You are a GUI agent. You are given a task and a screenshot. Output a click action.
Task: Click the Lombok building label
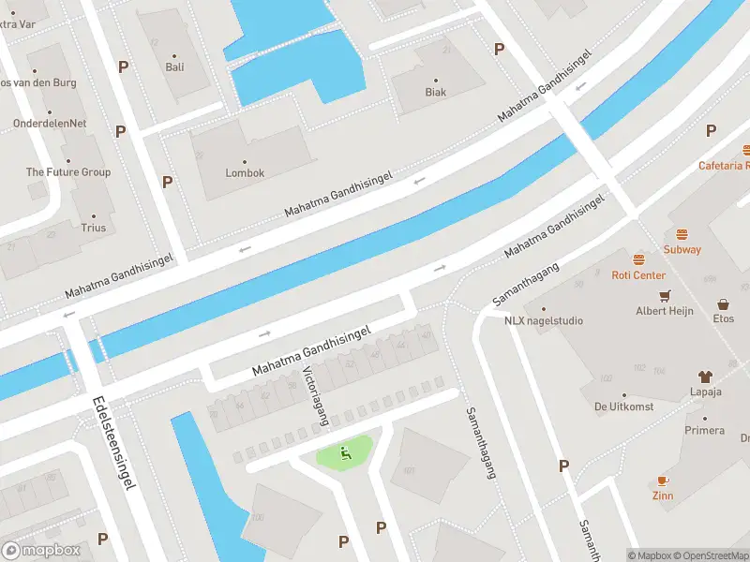coord(245,173)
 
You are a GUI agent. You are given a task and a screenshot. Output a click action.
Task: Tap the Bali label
coord(174,67)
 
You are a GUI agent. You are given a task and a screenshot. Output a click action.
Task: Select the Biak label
coord(435,92)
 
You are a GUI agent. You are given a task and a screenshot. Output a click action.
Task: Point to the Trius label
coord(93,228)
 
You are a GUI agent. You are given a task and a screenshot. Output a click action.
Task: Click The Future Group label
coord(67,172)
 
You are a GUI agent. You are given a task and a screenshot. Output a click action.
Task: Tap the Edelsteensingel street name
coord(115,442)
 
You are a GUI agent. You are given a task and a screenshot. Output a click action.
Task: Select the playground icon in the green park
coord(345,455)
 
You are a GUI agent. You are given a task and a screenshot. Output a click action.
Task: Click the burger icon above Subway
coord(682,234)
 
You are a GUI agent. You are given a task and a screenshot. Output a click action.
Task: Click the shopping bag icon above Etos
coord(724,304)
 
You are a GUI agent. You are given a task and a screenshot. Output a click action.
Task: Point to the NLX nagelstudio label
coord(543,320)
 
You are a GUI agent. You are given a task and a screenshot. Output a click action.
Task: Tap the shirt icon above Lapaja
coord(706,377)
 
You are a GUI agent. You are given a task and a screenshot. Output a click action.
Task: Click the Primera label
coord(704,431)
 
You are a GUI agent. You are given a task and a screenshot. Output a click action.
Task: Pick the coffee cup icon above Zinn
coord(663,480)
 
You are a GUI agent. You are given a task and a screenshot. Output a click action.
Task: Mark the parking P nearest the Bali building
coord(123,67)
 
